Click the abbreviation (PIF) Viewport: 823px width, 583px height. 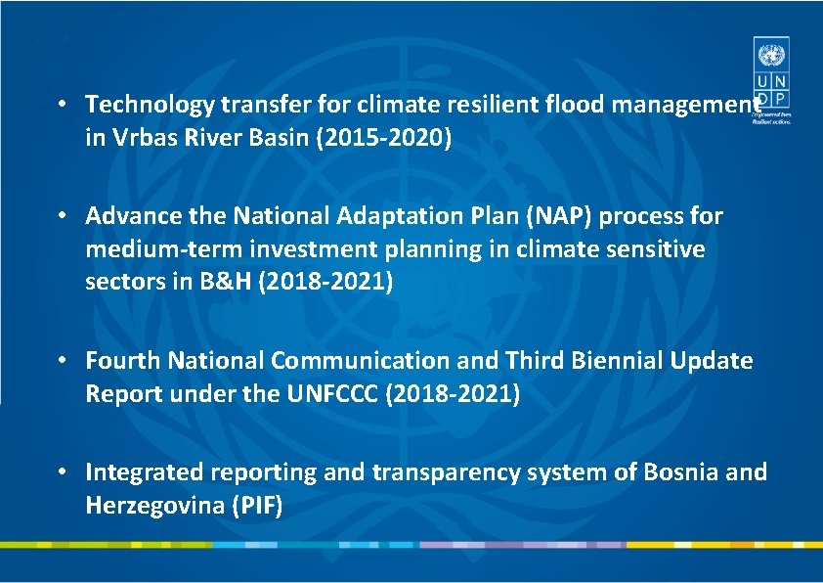254,507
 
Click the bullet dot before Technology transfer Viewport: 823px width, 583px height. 62,104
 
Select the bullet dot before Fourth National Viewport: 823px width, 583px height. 62,360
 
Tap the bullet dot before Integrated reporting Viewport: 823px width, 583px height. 62,471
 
